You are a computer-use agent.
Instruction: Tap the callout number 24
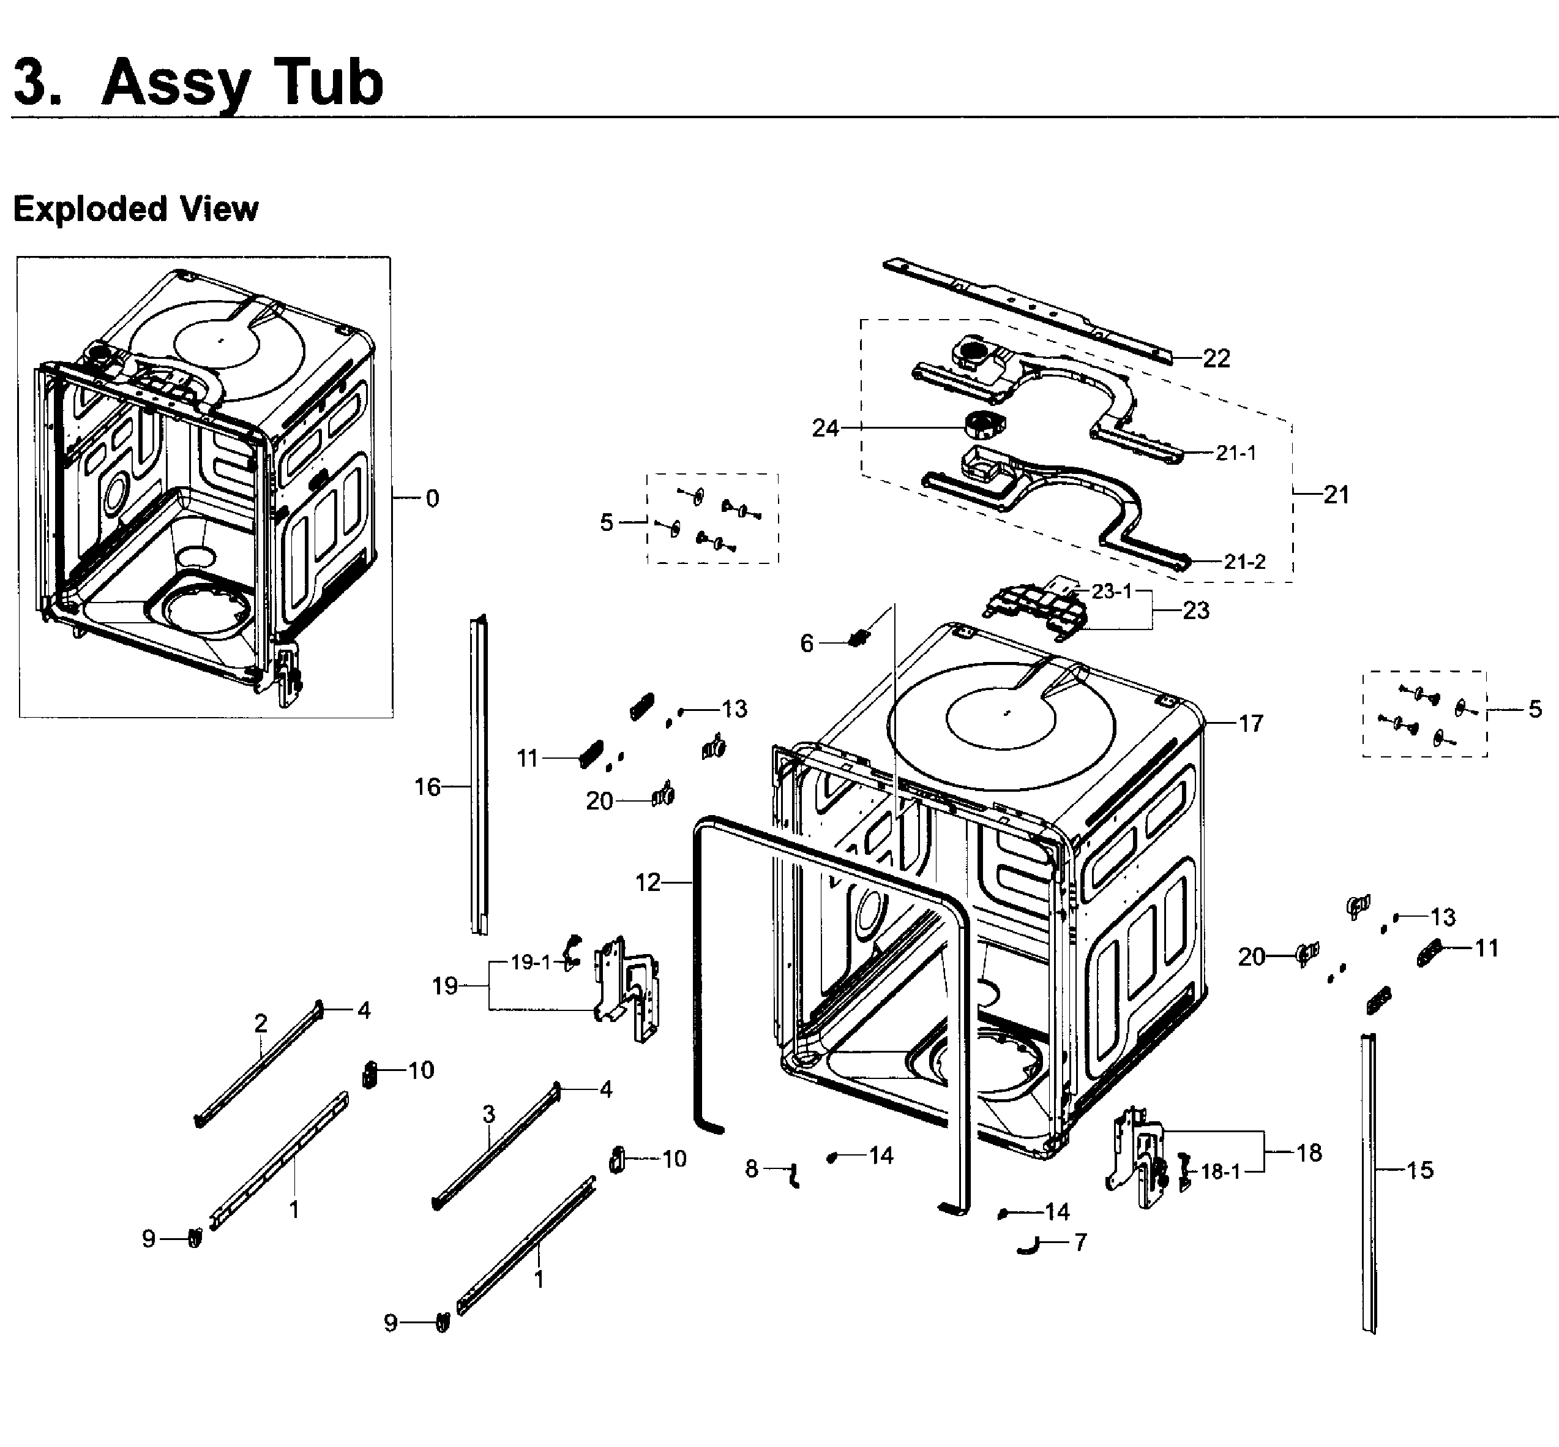(825, 427)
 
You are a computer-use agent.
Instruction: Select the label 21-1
(1236, 453)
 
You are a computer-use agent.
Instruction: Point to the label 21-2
(1244, 562)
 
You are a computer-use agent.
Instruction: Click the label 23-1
(1112, 590)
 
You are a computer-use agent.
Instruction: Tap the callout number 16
(427, 786)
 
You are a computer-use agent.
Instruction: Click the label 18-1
(1220, 1171)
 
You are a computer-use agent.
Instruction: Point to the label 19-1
(531, 961)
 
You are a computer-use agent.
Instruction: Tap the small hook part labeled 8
(795, 1175)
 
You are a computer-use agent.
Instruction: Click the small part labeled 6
(859, 637)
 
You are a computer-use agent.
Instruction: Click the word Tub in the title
(320, 82)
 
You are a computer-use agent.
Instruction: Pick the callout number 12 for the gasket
(648, 882)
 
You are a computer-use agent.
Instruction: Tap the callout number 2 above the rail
(261, 1023)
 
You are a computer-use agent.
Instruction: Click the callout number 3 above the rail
(489, 1113)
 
